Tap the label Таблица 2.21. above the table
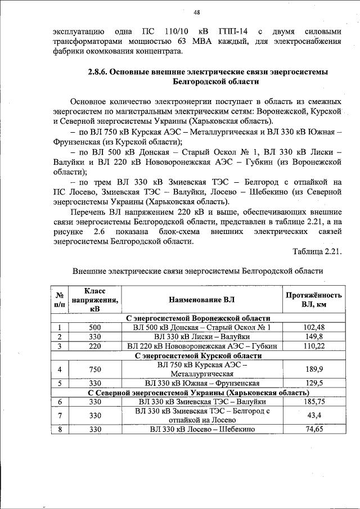[317, 250]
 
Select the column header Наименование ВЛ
[202, 299]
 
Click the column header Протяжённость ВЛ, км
[313, 299]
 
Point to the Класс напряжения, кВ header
[95, 299]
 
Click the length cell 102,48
[314, 327]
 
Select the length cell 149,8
[314, 336]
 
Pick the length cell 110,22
[314, 346]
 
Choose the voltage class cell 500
[95, 327]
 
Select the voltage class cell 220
[95, 346]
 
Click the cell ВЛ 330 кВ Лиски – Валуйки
[202, 336]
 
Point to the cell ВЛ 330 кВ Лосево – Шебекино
[202, 429]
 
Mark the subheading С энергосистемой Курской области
[199, 355]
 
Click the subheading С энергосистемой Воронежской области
[199, 318]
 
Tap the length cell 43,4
[314, 415]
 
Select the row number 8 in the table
[59, 429]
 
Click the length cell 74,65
[314, 429]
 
